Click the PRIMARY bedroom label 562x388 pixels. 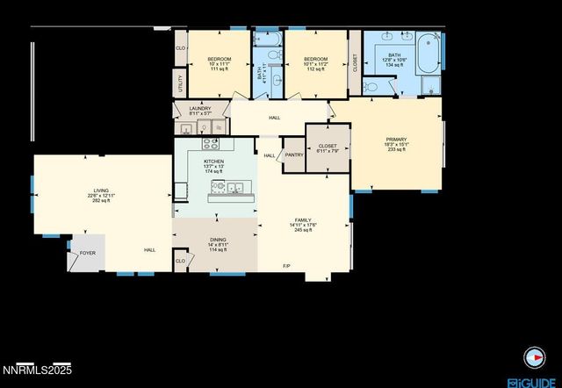tap(397, 139)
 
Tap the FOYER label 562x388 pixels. tap(88, 252)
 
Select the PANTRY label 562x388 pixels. tap(294, 155)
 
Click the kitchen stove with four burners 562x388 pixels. tap(212, 143)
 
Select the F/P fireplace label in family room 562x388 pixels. tap(286, 266)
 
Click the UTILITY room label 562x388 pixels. tap(180, 83)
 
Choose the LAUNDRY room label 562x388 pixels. tap(200, 109)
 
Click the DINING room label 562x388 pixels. tap(216, 240)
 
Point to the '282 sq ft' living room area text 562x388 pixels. tap(102, 201)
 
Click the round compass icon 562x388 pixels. tap(533, 357)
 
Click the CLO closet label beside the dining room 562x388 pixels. tap(180, 261)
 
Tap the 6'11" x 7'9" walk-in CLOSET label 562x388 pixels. tap(327, 147)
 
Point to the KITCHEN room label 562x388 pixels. tap(214, 162)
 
